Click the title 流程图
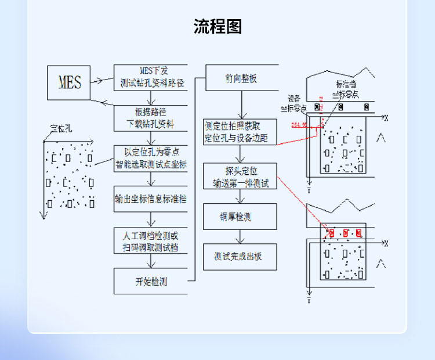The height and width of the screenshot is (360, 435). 217,27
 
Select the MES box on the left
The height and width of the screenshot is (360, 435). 70,81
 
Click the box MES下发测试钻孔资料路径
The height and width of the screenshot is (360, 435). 150,77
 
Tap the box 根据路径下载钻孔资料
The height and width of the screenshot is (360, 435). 150,118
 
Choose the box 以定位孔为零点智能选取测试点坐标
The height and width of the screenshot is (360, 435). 150,158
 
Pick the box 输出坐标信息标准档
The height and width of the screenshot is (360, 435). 150,199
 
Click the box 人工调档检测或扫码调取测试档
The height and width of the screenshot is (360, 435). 150,240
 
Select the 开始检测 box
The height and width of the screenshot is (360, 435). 150,282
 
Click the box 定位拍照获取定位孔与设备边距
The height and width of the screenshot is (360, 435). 240,132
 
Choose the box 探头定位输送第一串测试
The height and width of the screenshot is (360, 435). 240,176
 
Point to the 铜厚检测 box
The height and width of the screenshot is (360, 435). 239,217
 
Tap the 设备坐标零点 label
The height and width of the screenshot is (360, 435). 293,103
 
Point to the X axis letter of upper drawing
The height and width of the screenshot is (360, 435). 385,117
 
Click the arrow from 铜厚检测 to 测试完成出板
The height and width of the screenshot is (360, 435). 239,237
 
